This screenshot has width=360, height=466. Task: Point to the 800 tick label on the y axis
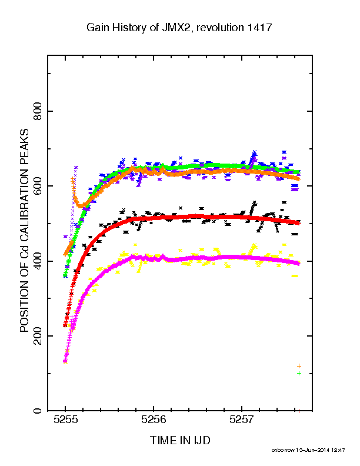coord(38,111)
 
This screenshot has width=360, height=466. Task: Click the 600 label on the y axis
coord(38,186)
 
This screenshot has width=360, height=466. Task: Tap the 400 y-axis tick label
coord(38,261)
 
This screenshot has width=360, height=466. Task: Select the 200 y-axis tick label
coord(38,336)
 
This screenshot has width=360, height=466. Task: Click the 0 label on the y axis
coord(38,411)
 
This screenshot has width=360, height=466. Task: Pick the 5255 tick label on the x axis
coord(66,420)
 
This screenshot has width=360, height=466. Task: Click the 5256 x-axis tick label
coord(154,420)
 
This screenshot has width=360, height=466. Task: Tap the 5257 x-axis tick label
coord(242,420)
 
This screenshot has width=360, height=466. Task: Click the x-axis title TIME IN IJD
coord(180,440)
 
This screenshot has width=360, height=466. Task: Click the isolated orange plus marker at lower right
coord(299,366)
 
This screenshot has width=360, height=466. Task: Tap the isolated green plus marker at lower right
coord(299,373)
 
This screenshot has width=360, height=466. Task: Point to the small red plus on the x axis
coord(299,411)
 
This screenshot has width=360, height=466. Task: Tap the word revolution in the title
coord(220,28)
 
